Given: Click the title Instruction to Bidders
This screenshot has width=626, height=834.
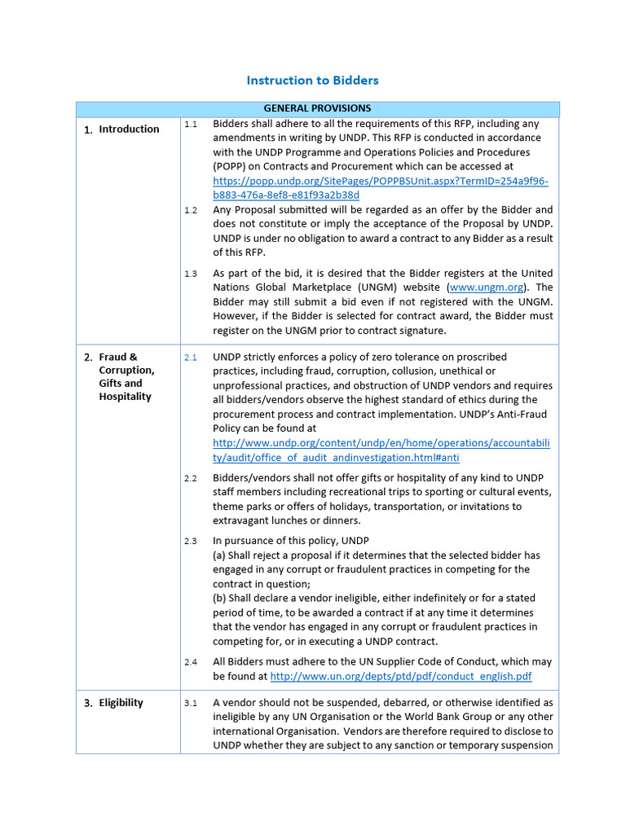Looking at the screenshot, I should [312, 81].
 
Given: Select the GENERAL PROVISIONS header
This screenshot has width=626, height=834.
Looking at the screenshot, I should [317, 108].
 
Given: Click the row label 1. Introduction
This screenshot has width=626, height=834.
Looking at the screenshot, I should [121, 129].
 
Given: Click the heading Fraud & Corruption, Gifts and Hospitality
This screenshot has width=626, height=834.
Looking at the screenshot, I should [126, 376].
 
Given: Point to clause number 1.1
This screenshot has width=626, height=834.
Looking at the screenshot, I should [191, 125].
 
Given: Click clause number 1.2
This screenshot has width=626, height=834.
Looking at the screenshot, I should [191, 210].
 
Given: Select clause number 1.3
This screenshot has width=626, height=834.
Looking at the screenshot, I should [191, 274].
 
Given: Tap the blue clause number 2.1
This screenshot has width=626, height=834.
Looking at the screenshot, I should [191, 358].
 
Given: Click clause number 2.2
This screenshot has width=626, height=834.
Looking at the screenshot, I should [191, 478].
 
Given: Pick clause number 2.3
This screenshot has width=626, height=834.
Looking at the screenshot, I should [191, 541].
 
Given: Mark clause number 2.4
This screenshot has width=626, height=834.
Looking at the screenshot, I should [191, 662].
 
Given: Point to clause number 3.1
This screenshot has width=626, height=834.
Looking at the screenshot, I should [191, 703].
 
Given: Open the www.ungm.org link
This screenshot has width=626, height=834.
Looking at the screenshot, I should [487, 288].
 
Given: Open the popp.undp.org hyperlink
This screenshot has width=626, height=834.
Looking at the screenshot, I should [380, 188].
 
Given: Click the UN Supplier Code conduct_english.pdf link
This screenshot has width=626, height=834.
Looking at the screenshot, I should [400, 677].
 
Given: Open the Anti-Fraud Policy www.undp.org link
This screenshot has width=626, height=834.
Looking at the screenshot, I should [381, 450].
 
